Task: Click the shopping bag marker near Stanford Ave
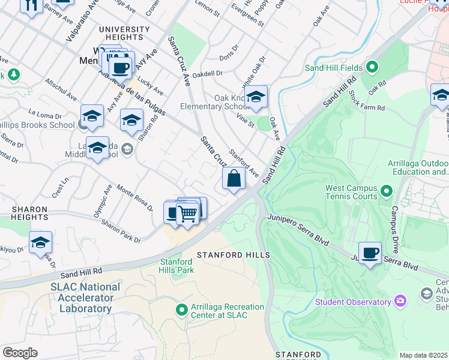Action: [x=234, y=179]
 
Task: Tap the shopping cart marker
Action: [x=188, y=213]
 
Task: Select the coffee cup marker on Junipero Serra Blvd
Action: [x=370, y=253]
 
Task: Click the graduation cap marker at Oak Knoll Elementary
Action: [x=256, y=97]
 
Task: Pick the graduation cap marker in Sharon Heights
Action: [x=40, y=242]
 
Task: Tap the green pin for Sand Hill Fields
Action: [x=372, y=67]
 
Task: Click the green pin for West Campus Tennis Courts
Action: [x=385, y=192]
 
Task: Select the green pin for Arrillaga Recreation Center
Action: [x=182, y=310]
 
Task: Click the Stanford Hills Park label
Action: [x=177, y=266]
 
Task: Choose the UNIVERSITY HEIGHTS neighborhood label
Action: [x=124, y=34]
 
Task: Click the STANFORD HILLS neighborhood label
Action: [x=234, y=255]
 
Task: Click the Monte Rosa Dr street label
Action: [x=134, y=197]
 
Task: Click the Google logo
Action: [x=20, y=352]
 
